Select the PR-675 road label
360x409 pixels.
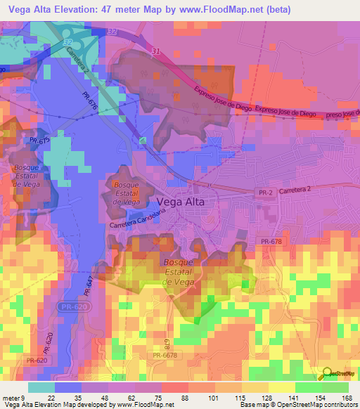click(x=40, y=141)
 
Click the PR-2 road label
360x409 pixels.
click(x=260, y=190)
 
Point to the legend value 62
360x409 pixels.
click(x=133, y=398)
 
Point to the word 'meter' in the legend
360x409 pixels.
click(x=12, y=398)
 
